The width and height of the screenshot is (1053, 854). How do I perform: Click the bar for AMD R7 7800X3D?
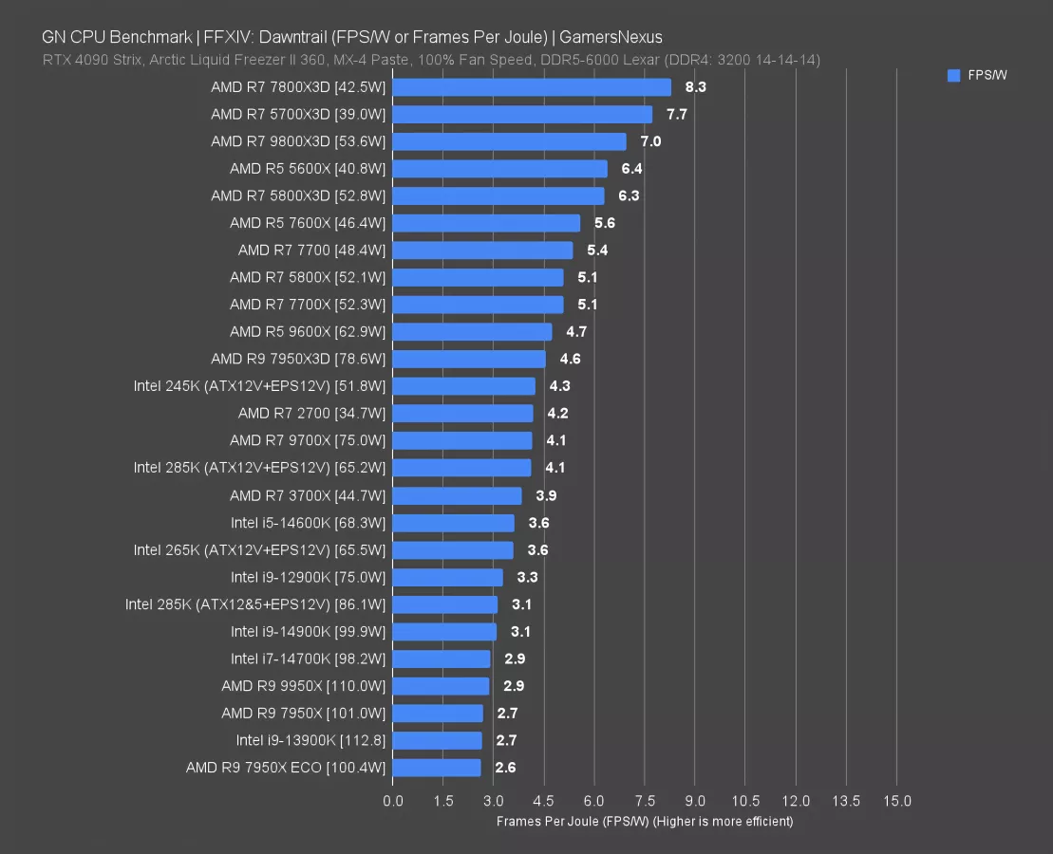click(532, 87)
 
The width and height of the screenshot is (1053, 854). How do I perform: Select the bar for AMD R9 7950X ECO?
click(437, 768)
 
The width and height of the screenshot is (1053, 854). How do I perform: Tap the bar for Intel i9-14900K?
click(444, 632)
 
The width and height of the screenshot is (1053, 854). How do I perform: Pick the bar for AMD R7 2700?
click(462, 414)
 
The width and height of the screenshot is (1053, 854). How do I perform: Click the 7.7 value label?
click(676, 115)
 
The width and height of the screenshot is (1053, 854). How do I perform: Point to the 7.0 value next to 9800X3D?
click(650, 141)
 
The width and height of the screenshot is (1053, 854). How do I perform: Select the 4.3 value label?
click(559, 386)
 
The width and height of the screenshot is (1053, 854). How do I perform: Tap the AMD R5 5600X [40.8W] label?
click(308, 169)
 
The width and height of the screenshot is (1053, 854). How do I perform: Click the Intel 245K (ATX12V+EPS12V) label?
click(260, 386)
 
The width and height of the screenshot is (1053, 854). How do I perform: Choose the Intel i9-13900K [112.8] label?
click(310, 740)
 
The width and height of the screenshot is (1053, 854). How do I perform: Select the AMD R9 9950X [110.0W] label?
click(303, 686)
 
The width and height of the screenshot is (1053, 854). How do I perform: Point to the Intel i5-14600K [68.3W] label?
click(308, 523)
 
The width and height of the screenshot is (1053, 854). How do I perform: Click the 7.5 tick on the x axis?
click(645, 801)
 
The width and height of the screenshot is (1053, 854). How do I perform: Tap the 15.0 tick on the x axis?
click(896, 801)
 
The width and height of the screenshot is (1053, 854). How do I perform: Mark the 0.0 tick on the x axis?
click(393, 801)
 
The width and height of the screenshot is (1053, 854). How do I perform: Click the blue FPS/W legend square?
click(953, 76)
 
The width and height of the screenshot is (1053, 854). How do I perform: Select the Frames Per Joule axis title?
click(644, 822)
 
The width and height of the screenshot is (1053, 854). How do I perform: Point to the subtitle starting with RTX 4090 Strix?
click(431, 60)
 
